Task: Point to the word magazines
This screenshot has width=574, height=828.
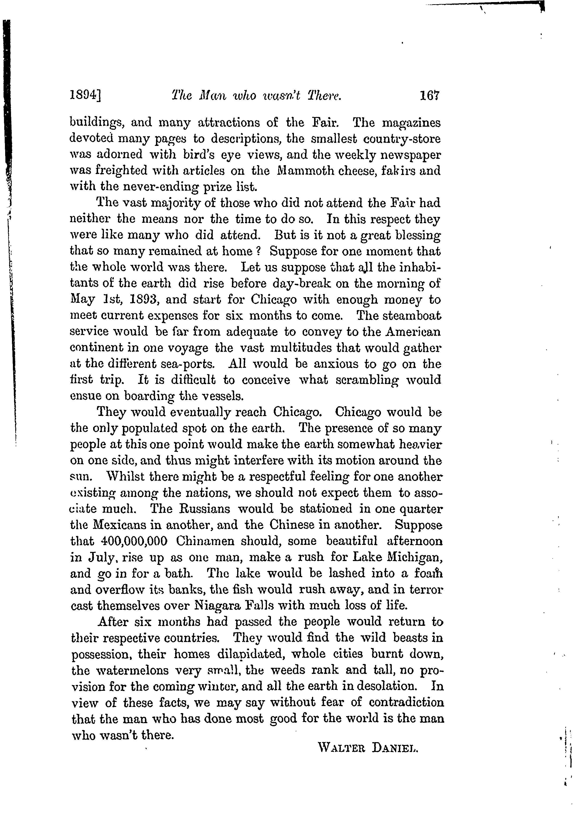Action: (411, 123)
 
